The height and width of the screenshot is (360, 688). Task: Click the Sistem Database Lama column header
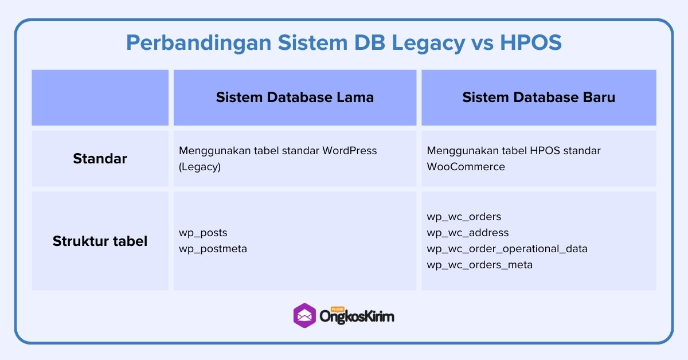click(295, 97)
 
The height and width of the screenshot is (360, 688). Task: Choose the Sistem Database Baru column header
click(538, 97)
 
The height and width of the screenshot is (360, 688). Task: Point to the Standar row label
click(100, 159)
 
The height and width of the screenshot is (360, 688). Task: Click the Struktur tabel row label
click(100, 241)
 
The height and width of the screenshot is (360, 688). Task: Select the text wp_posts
click(203, 233)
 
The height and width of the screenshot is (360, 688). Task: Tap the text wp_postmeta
click(213, 249)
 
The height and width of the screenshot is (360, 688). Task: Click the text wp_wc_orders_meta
click(479, 265)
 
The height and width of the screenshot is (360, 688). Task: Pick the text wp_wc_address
click(467, 233)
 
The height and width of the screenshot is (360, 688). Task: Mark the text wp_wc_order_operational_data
click(507, 249)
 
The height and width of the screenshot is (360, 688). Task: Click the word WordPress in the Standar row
click(350, 151)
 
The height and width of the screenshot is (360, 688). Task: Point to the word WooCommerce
click(466, 167)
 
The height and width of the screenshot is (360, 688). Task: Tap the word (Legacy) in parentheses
click(200, 167)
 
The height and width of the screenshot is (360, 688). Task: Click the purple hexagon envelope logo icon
click(304, 315)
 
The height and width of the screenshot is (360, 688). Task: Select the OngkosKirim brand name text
click(357, 317)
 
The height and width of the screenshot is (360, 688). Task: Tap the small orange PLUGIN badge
click(330, 308)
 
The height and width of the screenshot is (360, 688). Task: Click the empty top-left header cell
click(100, 97)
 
